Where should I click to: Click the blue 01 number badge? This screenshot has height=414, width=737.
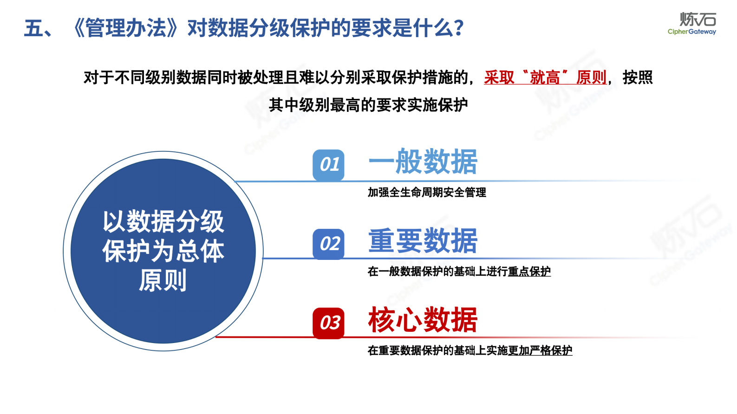tap(328, 165)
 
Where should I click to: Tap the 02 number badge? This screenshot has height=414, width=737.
tap(328, 244)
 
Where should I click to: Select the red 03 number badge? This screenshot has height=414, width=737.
tap(328, 323)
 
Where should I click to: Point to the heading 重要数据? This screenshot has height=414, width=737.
tap(423, 241)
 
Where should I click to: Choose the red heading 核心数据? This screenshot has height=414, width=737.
tap(423, 320)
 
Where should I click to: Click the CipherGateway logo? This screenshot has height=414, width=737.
tap(691, 24)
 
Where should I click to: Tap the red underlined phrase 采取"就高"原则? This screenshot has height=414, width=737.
tap(545, 78)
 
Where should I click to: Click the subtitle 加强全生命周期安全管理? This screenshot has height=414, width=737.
tap(427, 192)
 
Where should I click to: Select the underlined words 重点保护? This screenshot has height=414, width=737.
tap(529, 272)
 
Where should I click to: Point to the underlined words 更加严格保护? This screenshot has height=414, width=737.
tap(540, 350)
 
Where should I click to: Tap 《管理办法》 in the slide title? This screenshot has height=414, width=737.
tap(125, 28)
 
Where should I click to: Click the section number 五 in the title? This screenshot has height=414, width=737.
tap(34, 28)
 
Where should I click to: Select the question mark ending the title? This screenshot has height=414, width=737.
tap(459, 28)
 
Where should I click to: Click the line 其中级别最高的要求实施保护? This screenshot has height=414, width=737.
tap(368, 105)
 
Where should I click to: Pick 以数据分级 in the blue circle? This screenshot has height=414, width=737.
tap(163, 221)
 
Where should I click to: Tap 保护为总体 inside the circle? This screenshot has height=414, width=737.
tap(163, 251)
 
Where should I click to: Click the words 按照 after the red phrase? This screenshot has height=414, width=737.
tap(637, 78)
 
